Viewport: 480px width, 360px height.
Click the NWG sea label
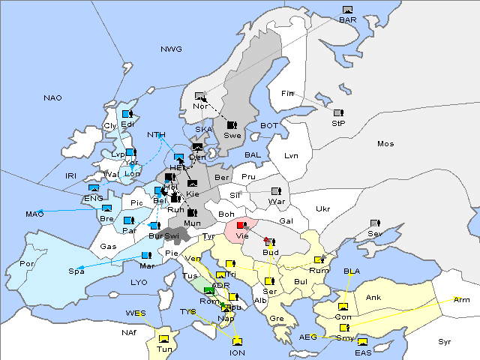point(171,49)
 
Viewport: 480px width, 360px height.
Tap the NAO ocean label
point(52,98)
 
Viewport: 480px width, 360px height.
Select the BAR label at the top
point(347,19)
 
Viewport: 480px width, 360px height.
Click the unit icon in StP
point(338,113)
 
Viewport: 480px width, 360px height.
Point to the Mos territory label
point(385,143)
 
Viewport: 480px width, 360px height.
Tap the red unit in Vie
point(241,225)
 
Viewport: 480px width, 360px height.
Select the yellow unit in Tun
point(164,337)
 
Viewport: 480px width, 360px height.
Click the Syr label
point(445,341)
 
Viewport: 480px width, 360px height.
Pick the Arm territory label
point(462,299)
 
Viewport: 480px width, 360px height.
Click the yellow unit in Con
point(343,307)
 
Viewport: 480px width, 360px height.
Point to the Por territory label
point(27,263)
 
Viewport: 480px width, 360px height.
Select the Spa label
point(76,271)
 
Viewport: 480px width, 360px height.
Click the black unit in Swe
point(232,124)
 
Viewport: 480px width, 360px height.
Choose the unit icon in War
point(276,191)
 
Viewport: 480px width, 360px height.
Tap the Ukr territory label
point(322,208)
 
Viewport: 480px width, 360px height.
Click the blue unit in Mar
point(146,256)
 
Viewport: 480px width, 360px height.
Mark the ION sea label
point(237,352)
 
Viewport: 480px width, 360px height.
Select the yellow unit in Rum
point(319,260)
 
